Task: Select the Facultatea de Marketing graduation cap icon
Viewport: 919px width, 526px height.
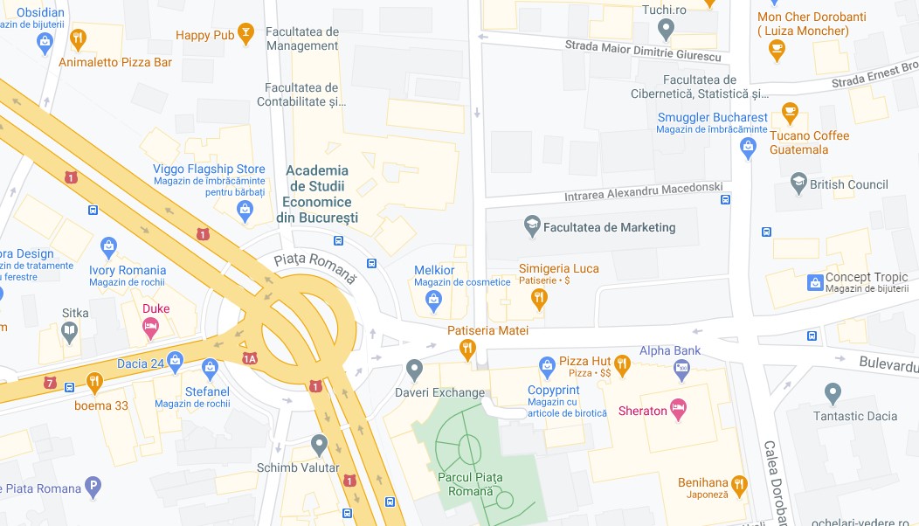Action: click(531, 227)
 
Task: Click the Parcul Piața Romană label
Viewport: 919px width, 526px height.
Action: click(470, 485)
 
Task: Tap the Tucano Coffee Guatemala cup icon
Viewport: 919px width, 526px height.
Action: click(790, 112)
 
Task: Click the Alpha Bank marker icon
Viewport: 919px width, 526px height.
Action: click(681, 370)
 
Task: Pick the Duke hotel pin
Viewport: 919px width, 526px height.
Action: click(151, 328)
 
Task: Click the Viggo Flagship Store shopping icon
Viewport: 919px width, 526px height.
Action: click(245, 209)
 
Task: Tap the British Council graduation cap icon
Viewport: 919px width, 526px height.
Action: click(798, 183)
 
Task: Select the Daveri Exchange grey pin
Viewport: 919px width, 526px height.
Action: click(415, 370)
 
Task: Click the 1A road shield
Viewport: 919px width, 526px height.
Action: click(251, 358)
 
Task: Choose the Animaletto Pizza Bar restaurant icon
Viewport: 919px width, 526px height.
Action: click(79, 38)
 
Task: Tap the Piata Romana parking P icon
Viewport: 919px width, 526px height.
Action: click(93, 487)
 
